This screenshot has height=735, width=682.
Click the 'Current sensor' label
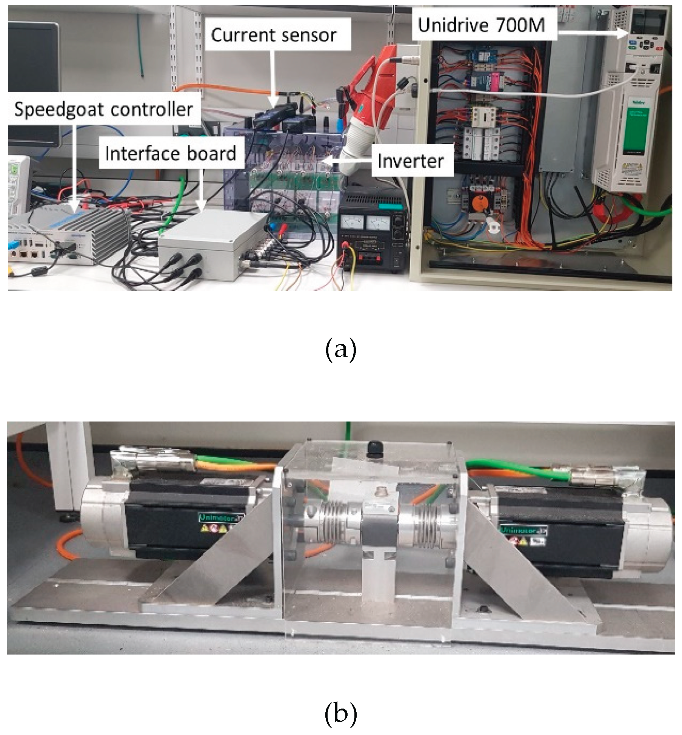274,35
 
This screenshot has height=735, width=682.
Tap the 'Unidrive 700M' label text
482,25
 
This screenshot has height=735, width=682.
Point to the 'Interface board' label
171,153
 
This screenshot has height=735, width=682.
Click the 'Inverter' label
411,161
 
